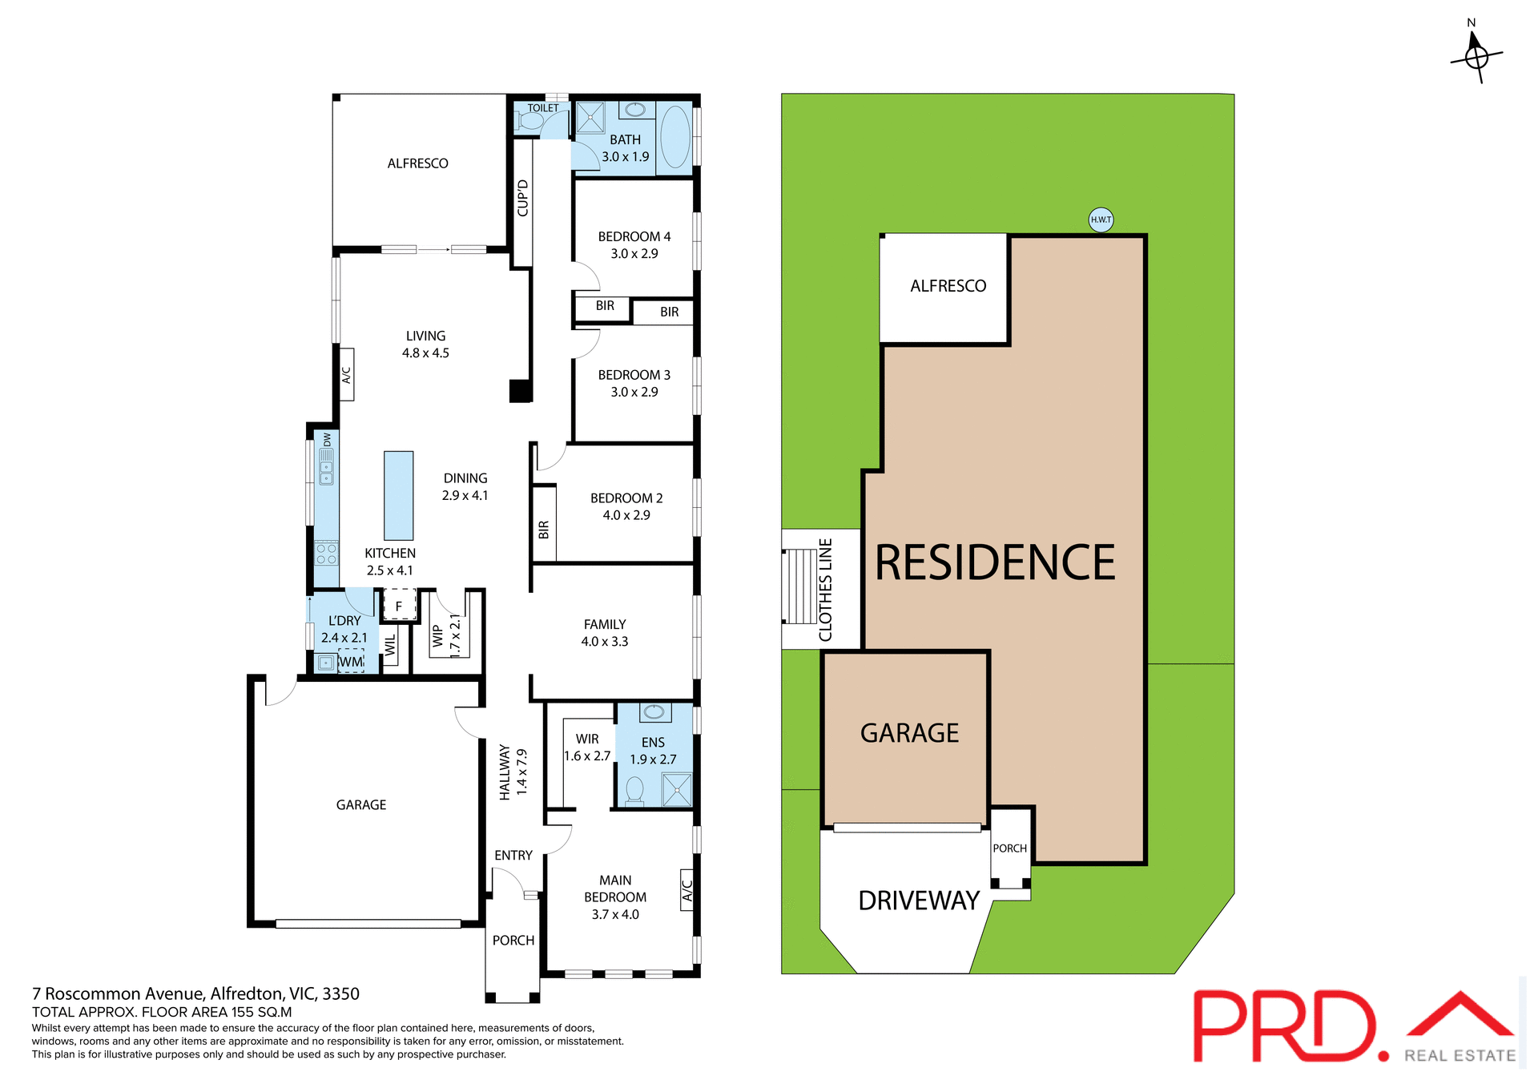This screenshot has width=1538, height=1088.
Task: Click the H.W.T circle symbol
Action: pos(1101,220)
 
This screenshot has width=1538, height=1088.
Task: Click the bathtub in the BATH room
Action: pos(675,136)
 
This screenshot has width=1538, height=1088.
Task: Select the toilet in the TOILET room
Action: pos(529,122)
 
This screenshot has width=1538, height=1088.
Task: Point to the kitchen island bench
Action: pos(398,495)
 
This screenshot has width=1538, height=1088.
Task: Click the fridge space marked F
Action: pos(399,606)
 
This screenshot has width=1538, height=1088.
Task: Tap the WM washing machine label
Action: pos(351,662)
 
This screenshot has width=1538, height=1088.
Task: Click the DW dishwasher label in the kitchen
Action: pos(327,440)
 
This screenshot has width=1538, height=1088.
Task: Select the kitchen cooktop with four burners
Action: pos(326,554)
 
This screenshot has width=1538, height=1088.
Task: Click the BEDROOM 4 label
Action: pos(634,236)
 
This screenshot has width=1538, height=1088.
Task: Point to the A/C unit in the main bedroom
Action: pos(686,890)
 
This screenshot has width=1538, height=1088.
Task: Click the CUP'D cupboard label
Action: pos(523,198)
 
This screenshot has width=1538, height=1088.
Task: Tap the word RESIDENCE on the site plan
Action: pos(994,562)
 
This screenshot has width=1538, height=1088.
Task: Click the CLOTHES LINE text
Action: pos(825,590)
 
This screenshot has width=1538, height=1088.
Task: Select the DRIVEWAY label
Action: pos(918,901)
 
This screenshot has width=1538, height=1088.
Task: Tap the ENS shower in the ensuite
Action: pos(677,789)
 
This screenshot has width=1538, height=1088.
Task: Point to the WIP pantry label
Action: pos(437,636)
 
